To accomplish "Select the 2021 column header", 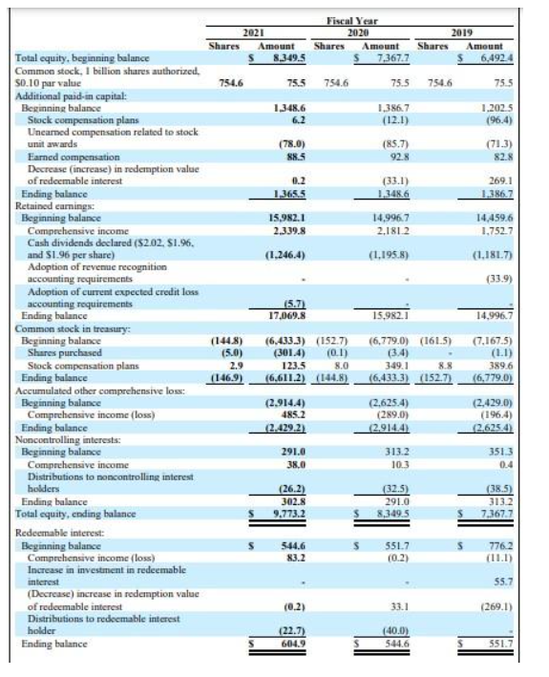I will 253,32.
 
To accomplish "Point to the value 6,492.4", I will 498,59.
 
